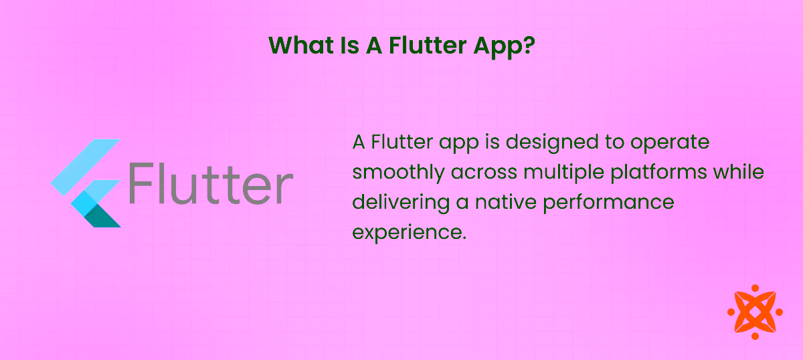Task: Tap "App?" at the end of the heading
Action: (x=507, y=46)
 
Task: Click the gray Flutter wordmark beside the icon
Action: (x=210, y=181)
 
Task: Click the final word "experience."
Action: (x=408, y=232)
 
